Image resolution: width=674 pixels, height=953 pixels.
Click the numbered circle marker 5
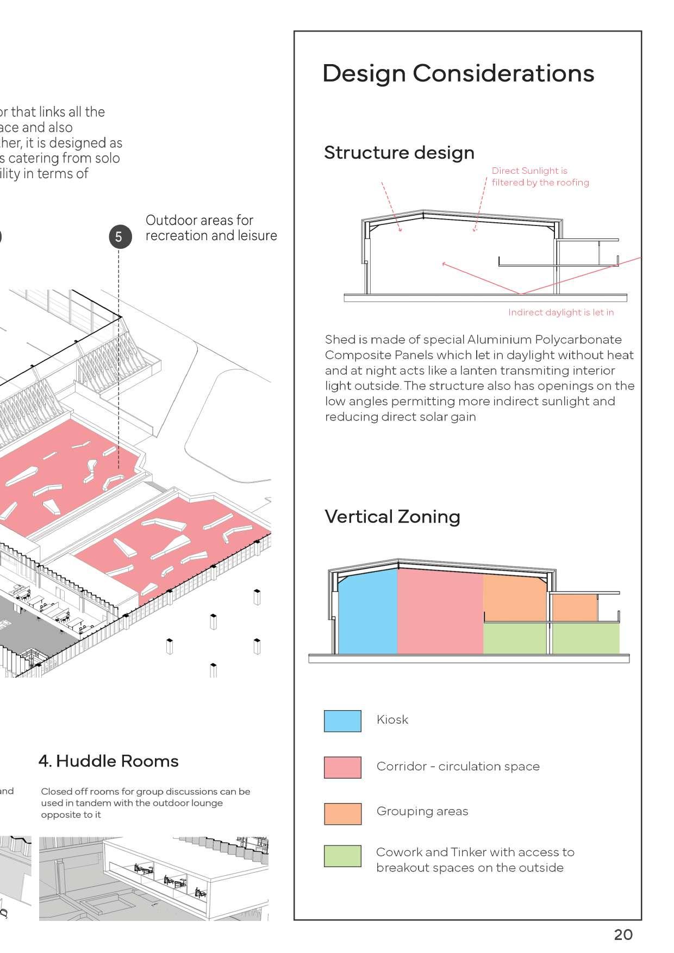point(120,237)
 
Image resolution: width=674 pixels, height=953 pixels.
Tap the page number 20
point(623,934)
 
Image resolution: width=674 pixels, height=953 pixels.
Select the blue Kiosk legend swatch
point(342,720)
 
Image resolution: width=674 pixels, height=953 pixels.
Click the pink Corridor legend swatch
point(342,767)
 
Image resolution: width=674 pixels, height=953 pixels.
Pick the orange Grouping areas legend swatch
point(342,813)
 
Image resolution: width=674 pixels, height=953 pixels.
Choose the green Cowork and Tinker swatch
point(342,856)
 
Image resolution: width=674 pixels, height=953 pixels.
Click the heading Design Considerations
point(458,73)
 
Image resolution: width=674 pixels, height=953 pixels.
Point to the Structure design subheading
point(399,153)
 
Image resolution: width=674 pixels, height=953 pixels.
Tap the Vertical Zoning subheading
point(392,516)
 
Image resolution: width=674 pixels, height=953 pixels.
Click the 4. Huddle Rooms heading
point(109,761)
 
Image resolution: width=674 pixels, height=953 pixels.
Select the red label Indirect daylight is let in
point(560,312)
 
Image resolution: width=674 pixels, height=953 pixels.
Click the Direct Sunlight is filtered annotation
point(540,177)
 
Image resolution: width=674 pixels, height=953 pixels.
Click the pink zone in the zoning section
point(440,611)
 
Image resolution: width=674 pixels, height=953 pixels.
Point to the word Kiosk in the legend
point(392,719)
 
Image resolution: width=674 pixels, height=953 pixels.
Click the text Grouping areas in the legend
point(422,811)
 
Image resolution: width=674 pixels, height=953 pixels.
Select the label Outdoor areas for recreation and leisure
point(211,228)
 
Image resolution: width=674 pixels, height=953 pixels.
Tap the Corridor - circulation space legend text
point(458,766)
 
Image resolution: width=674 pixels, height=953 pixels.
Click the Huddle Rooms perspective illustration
point(154,878)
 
